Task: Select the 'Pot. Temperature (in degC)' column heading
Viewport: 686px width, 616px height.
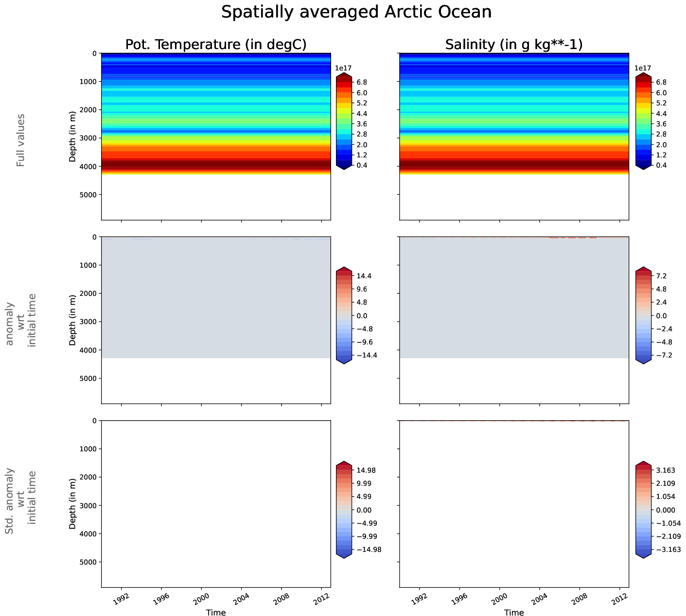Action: (x=216, y=45)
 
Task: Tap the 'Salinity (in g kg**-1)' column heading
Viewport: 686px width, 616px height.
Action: (x=514, y=45)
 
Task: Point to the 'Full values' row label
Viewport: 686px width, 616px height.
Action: (x=20, y=140)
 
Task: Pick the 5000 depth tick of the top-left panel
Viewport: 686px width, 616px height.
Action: (x=88, y=195)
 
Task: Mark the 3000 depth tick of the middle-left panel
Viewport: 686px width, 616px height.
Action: (x=88, y=322)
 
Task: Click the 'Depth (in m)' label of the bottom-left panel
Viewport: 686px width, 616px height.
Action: (x=72, y=504)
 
